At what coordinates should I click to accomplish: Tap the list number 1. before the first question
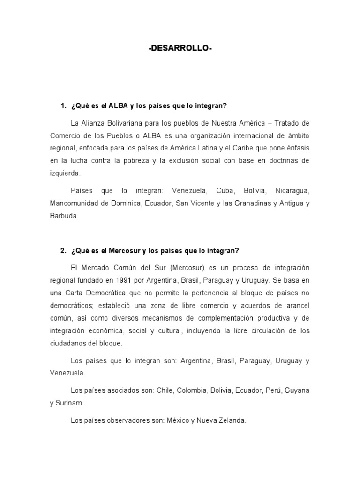click(64, 106)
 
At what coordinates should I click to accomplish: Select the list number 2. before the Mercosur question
click(64, 251)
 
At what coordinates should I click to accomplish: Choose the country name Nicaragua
click(292, 191)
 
